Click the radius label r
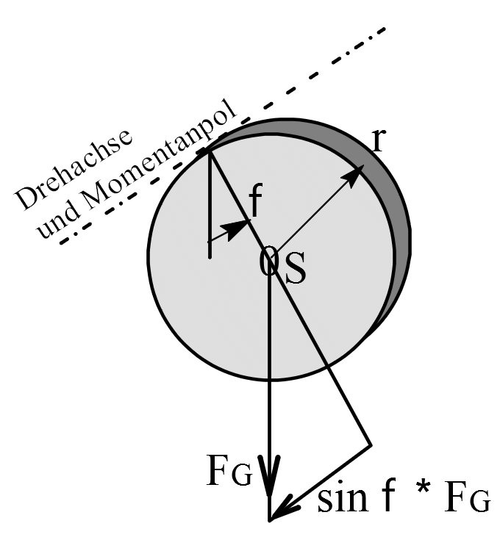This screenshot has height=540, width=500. [379, 140]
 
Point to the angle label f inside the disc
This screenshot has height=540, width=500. [256, 199]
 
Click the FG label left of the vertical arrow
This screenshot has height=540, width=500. [229, 471]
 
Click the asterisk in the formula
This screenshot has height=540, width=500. [423, 489]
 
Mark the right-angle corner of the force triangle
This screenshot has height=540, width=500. [371, 445]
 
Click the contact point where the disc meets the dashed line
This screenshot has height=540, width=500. [209, 151]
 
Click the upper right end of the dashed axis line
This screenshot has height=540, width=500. [383, 29]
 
